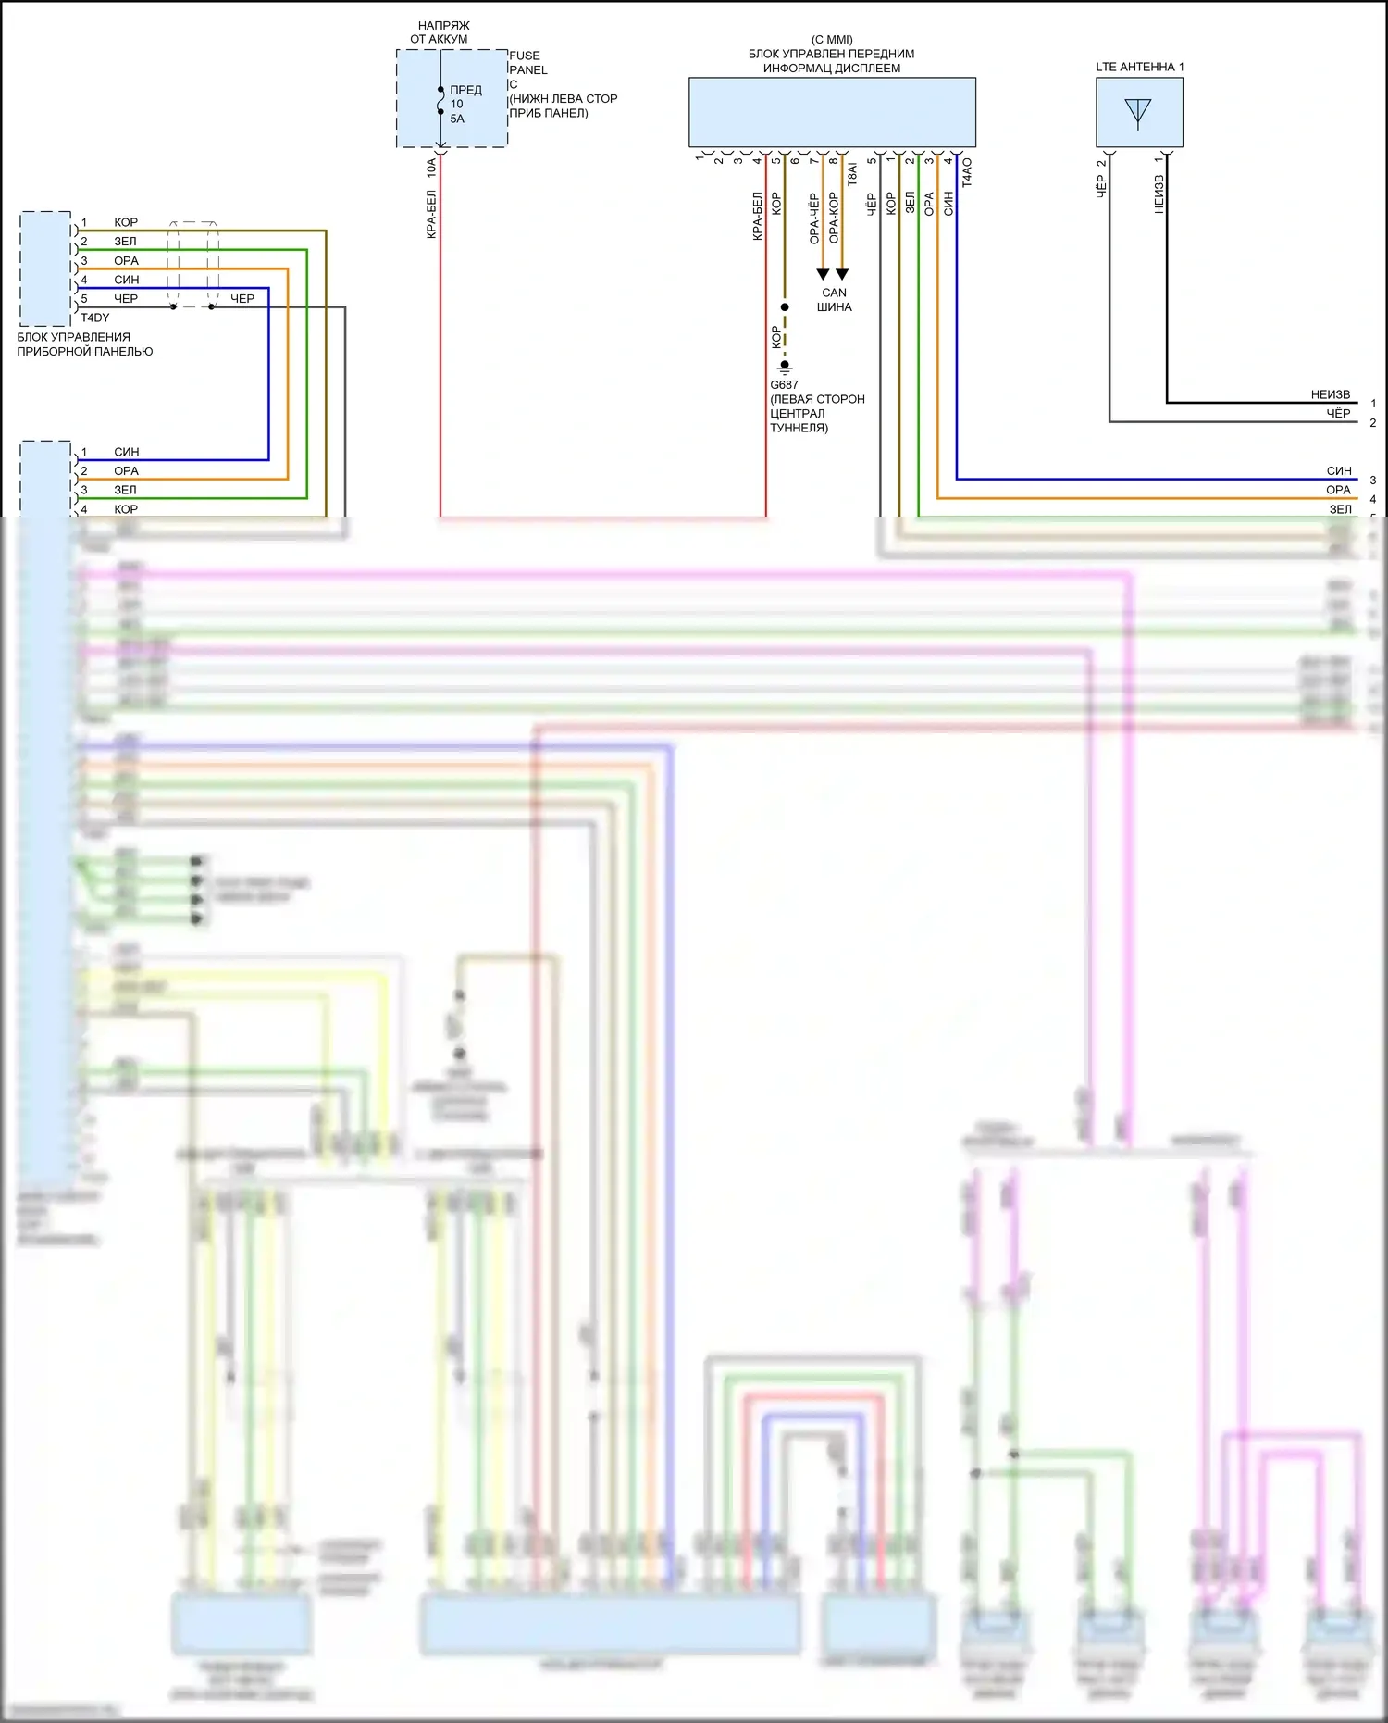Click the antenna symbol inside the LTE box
click(x=1137, y=112)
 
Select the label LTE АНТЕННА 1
click(x=1139, y=67)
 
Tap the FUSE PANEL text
click(x=527, y=63)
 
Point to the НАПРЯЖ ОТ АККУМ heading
click(x=440, y=32)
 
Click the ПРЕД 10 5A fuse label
click(x=465, y=104)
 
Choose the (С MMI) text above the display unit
click(x=832, y=40)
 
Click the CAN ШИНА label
click(x=834, y=300)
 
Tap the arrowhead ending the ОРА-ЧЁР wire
click(x=823, y=274)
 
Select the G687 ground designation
click(x=784, y=385)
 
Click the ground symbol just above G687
click(x=785, y=367)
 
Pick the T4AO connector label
click(x=967, y=172)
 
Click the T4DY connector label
click(x=95, y=318)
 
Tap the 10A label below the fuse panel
click(x=431, y=168)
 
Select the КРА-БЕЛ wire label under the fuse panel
click(x=431, y=215)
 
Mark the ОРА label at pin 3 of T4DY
click(x=126, y=261)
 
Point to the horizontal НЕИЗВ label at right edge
click(x=1330, y=394)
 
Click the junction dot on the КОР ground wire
click(x=785, y=307)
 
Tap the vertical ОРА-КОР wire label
click(x=834, y=218)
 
